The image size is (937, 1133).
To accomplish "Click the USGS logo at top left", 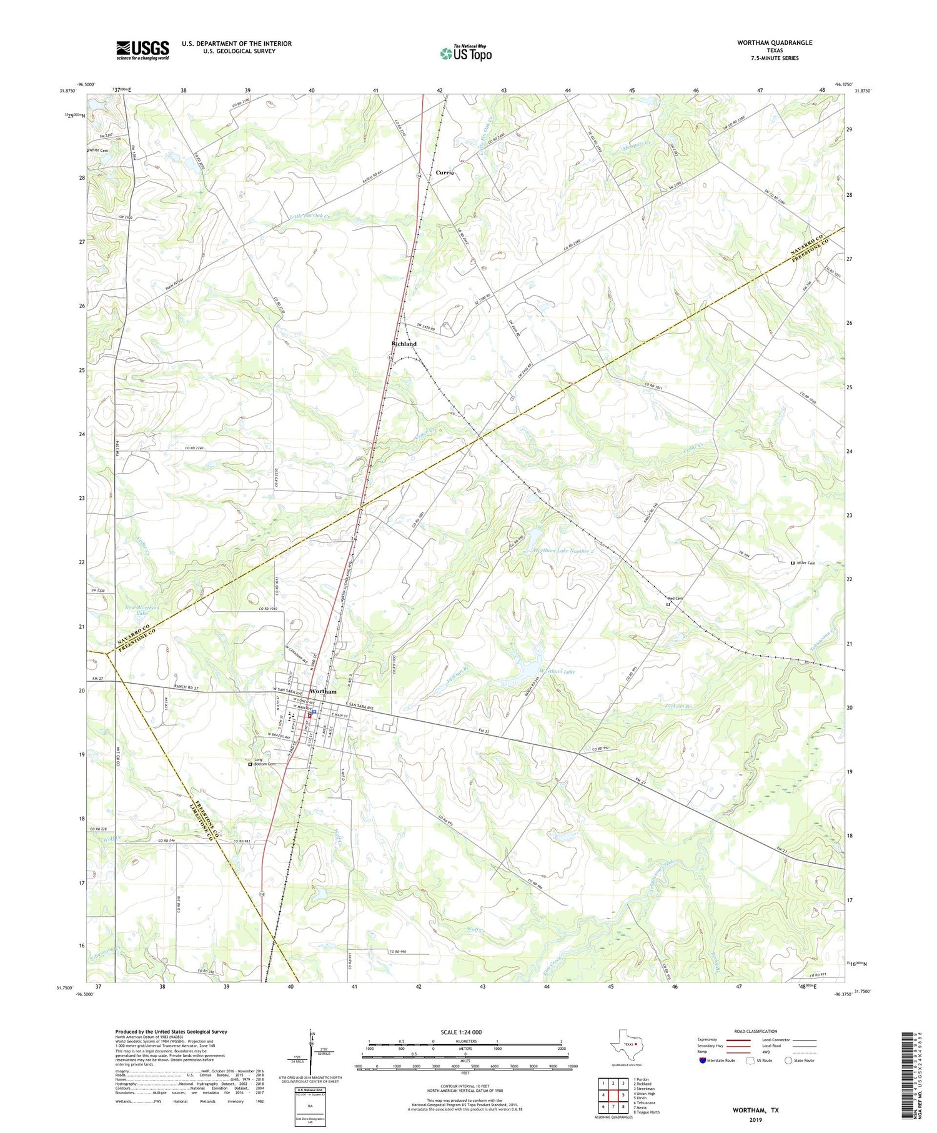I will tap(142, 50).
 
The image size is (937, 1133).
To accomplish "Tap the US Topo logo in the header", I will tap(465, 54).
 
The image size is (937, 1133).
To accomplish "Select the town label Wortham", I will tap(323, 692).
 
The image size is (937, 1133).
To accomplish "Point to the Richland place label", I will tap(404, 344).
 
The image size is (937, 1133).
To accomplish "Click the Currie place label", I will tap(445, 172).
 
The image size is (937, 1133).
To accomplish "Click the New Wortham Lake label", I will tap(142, 611).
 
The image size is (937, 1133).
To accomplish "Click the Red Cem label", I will tap(675, 599).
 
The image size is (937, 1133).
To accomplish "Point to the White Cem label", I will tap(98, 150).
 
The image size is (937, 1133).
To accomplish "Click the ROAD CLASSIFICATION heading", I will tap(756, 1031).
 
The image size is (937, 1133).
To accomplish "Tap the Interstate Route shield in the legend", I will tap(703, 1061).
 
